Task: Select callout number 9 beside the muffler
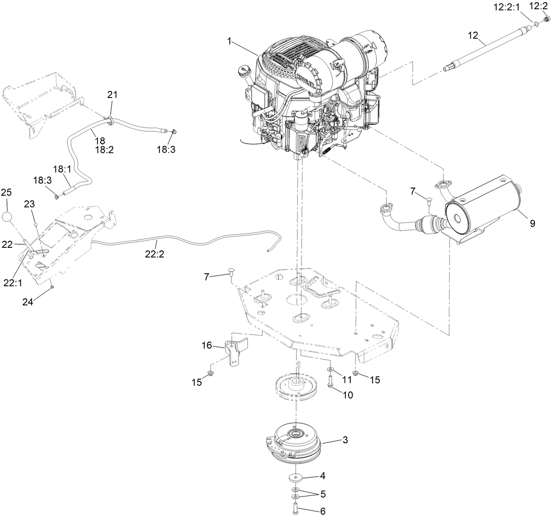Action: coord(532,223)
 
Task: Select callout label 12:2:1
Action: coord(513,6)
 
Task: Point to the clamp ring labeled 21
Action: coord(110,119)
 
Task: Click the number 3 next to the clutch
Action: coord(346,440)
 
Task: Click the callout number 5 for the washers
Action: coord(323,493)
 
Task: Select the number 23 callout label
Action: coord(29,204)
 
